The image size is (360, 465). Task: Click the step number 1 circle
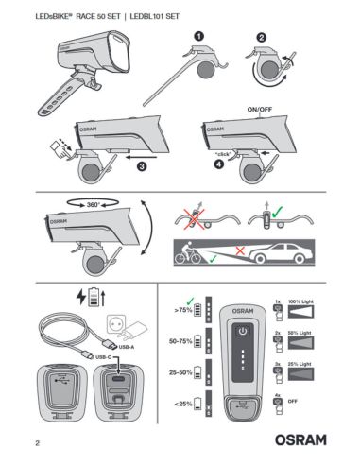[199, 34]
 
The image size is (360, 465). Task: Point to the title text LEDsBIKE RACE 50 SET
[75, 13]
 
